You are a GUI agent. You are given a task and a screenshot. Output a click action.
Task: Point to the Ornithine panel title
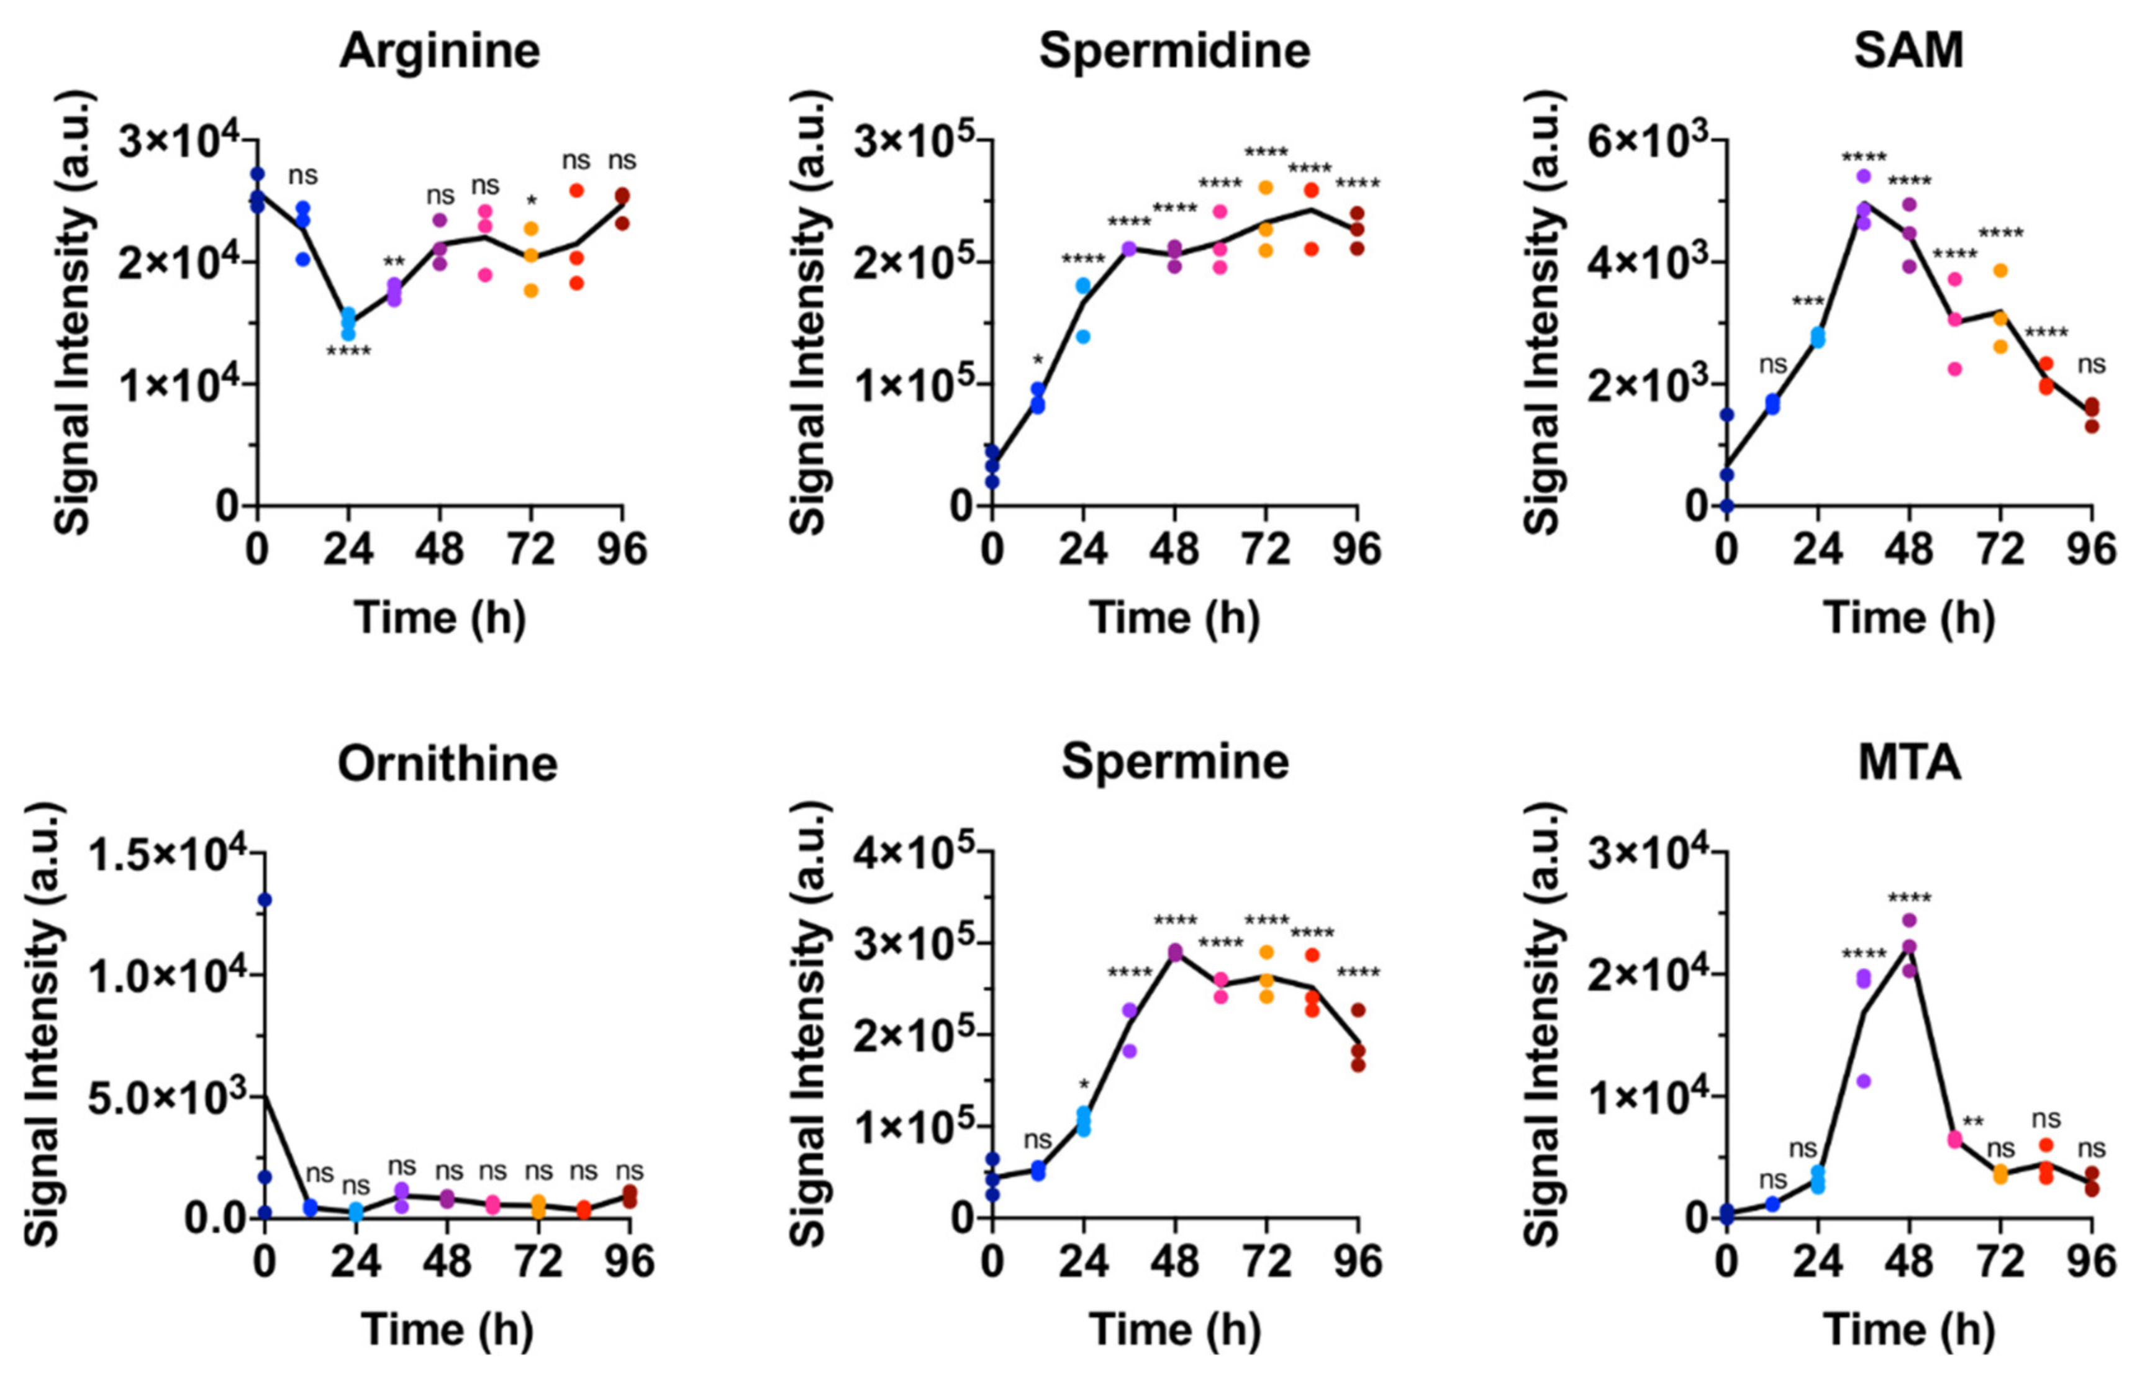click(447, 765)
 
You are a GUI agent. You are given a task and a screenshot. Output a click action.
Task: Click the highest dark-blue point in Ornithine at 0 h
click(265, 900)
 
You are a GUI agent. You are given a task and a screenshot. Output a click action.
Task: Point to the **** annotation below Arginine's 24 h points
click(348, 352)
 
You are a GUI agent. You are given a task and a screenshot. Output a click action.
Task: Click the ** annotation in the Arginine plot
click(394, 263)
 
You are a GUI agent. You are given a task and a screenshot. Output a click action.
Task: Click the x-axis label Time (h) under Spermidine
click(1174, 619)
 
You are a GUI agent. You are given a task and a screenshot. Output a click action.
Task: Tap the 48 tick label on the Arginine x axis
click(439, 548)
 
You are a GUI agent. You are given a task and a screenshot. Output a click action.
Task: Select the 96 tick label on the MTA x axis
click(2092, 1262)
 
